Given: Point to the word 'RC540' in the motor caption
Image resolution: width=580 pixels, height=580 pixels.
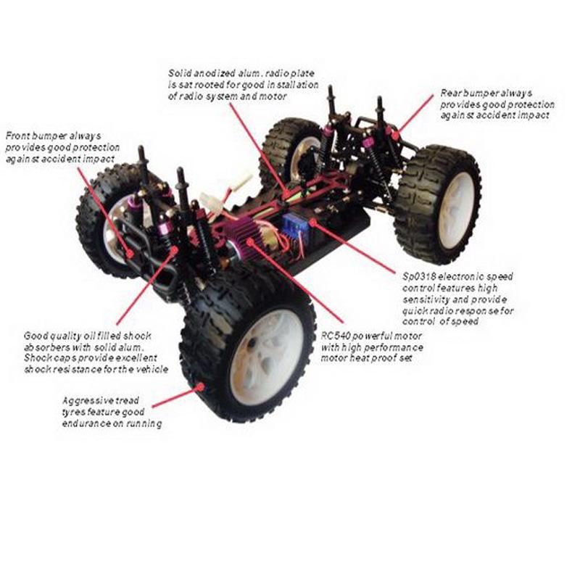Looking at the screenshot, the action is [335, 337].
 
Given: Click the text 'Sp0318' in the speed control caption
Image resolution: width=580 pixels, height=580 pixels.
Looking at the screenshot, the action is [418, 276].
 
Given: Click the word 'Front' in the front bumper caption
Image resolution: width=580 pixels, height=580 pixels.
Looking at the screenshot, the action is [17, 136].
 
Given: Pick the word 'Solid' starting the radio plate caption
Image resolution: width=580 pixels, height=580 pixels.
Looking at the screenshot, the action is [181, 73].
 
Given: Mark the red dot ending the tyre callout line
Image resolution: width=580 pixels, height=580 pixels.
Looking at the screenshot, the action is [199, 388].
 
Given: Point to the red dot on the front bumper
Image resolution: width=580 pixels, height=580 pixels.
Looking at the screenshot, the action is [130, 253].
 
